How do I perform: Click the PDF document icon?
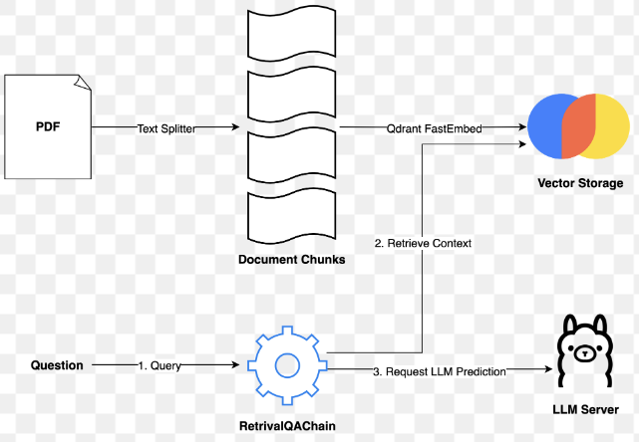[47, 126]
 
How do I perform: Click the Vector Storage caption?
[580, 184]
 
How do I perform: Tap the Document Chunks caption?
[292, 260]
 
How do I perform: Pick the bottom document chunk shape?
[292, 218]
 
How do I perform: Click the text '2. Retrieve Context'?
[423, 243]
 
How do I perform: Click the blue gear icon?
[286, 364]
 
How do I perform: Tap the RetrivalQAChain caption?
[287, 426]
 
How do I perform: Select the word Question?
[57, 365]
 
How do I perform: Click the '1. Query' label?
[160, 366]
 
